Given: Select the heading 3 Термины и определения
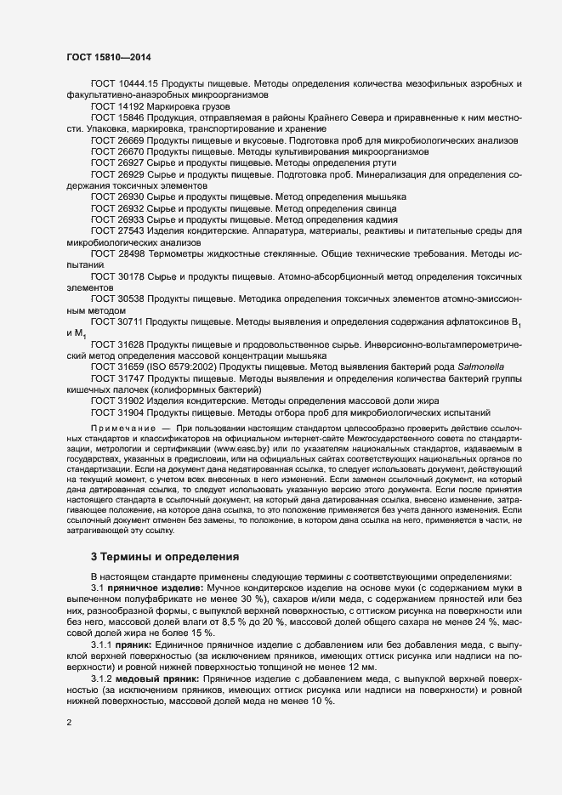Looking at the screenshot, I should click(x=165, y=556).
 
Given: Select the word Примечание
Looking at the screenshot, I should click(x=122, y=424).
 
